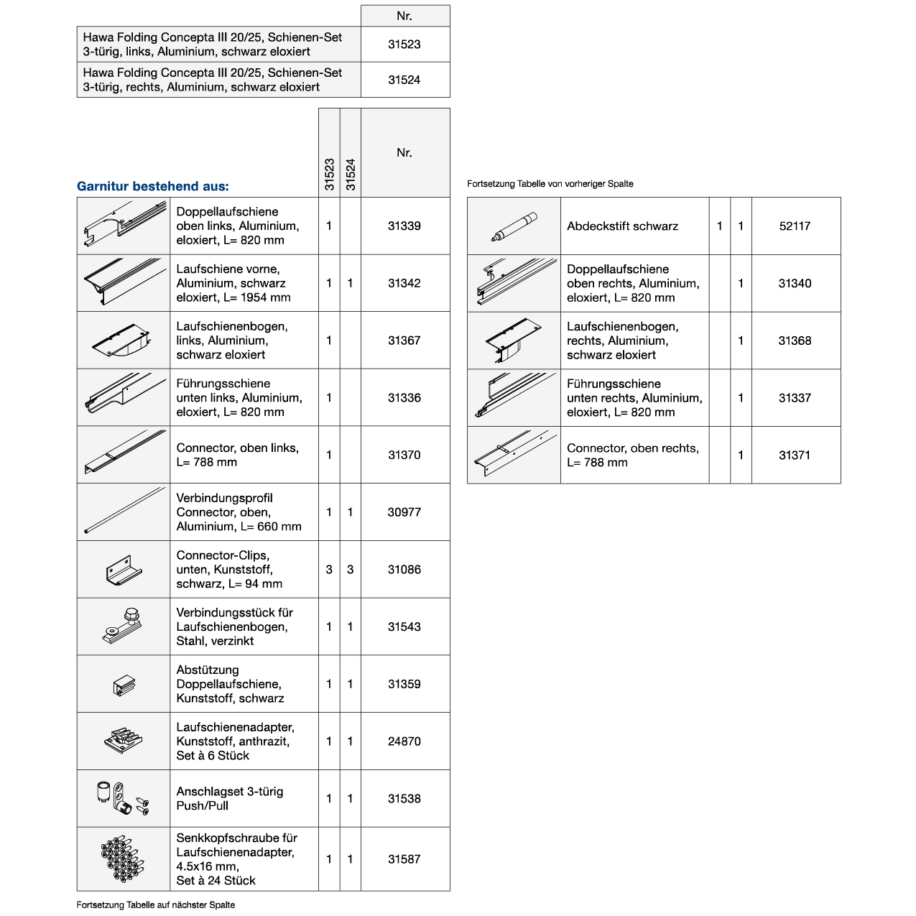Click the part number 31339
tap(404, 226)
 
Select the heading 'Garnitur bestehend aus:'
tap(152, 186)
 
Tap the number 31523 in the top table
tap(404, 45)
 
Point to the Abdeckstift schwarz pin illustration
tap(514, 226)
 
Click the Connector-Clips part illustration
tap(124, 569)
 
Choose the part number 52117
tap(795, 226)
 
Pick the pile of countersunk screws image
tap(124, 859)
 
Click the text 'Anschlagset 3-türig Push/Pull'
tap(230, 798)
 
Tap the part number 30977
tap(404, 512)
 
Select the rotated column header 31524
tap(351, 174)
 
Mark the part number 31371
tap(795, 455)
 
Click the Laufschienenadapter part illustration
tap(124, 741)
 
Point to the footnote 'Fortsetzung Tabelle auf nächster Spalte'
tap(156, 905)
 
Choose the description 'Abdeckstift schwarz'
tap(622, 226)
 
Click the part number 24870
tap(404, 741)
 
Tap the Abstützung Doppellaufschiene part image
tap(124, 685)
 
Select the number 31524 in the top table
tap(404, 80)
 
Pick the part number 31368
tap(795, 341)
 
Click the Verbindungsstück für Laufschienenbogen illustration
tap(124, 626)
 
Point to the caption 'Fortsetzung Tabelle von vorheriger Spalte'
tap(550, 184)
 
